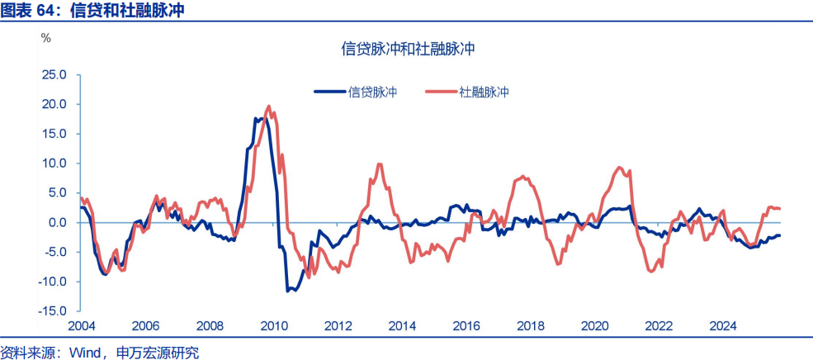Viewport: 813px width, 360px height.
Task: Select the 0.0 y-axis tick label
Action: [x=58, y=223]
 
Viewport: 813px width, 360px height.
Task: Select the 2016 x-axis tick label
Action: [x=466, y=326]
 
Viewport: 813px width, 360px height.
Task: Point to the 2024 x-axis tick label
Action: [x=722, y=326]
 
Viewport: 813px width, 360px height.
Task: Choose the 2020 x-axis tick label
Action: [x=594, y=326]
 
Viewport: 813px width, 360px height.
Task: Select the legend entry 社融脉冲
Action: [x=484, y=92]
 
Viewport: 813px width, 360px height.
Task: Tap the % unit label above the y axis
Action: [x=46, y=37]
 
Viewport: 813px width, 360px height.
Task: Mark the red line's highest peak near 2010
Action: [x=269, y=107]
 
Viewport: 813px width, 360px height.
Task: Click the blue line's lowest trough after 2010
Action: [x=288, y=291]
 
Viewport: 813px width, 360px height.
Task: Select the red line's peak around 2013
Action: [x=379, y=163]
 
